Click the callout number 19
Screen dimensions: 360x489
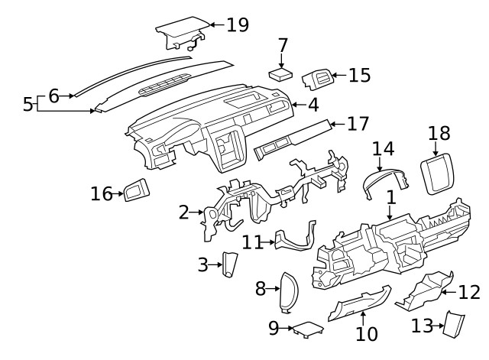point(237,25)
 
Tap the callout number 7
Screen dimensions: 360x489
point(283,45)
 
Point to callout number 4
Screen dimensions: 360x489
point(313,104)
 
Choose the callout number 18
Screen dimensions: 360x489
point(439,134)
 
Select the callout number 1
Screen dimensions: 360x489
point(391,197)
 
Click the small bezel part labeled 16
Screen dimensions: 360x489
point(138,190)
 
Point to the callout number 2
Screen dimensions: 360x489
point(184,212)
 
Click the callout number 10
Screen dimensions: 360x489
point(367,333)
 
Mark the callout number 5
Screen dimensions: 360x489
point(28,104)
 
